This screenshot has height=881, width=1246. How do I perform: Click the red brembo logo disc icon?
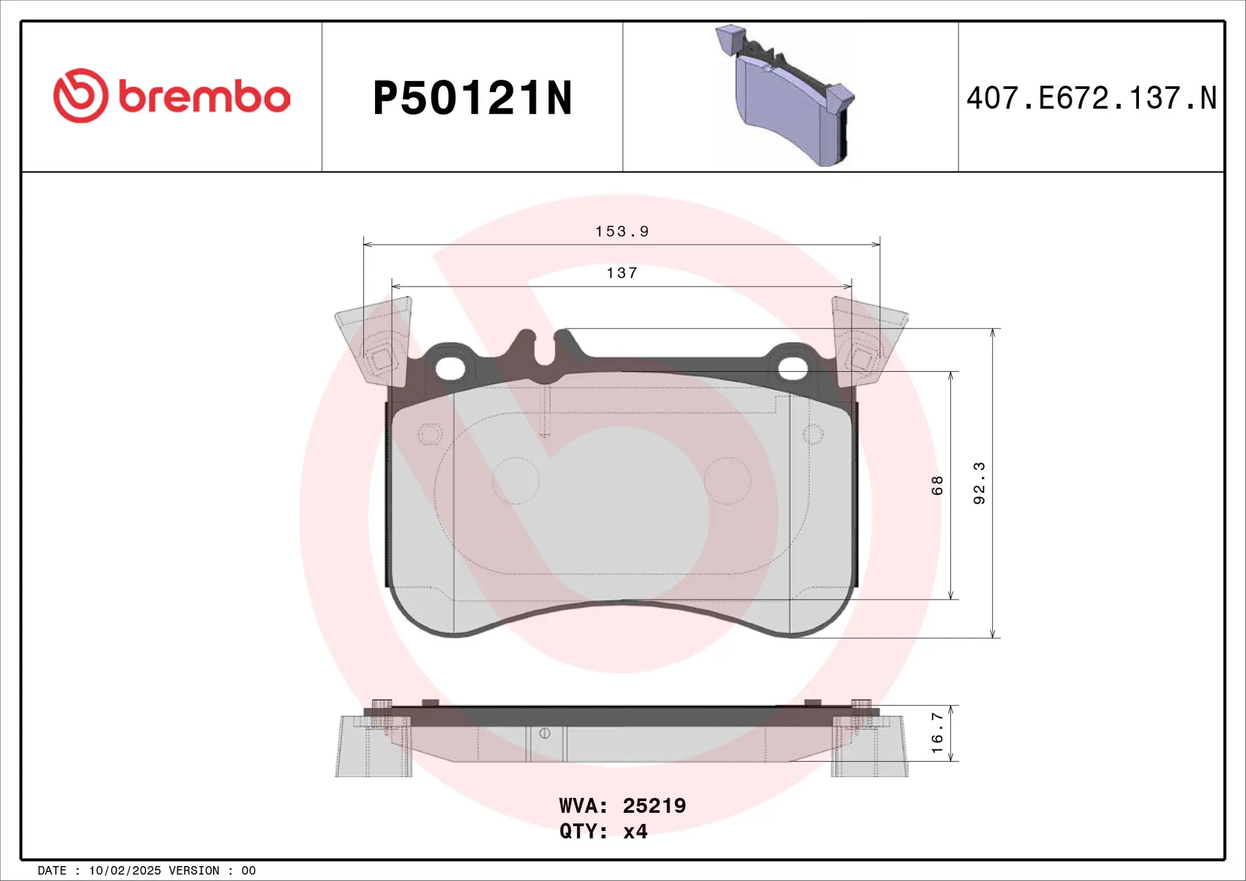[x=80, y=96]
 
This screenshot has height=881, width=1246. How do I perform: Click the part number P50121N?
[x=472, y=99]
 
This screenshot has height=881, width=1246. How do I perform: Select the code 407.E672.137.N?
[x=1091, y=99]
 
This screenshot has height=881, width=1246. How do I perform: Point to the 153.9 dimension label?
[x=622, y=232]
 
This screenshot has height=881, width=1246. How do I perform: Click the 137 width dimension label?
[x=622, y=273]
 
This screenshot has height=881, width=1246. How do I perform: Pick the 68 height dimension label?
[x=937, y=485]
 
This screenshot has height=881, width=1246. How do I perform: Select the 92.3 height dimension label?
[x=979, y=483]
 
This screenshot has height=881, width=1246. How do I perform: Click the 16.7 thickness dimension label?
[x=937, y=733]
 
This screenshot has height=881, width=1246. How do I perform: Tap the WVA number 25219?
[x=654, y=806]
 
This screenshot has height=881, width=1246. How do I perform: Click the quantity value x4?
[x=635, y=832]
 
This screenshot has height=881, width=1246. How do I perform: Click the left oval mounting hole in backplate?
[x=450, y=368]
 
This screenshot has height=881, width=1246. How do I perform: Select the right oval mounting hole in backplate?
[x=792, y=368]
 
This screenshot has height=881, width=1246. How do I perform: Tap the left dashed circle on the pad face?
[x=516, y=481]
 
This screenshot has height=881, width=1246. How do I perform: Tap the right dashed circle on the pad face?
[x=727, y=481]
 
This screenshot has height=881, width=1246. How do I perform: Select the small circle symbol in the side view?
[x=544, y=733]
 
